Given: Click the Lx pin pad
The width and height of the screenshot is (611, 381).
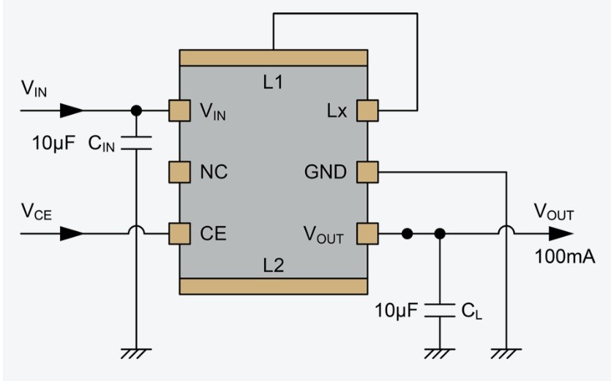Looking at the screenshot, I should pyautogui.click(x=367, y=110).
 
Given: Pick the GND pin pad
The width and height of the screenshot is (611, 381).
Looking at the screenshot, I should pyautogui.click(x=367, y=172).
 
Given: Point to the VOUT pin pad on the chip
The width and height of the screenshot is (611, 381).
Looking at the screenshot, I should pyautogui.click(x=367, y=234).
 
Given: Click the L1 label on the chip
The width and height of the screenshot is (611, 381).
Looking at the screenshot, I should pyautogui.click(x=273, y=83).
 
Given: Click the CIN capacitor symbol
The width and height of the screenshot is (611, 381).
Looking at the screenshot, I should pyautogui.click(x=135, y=142).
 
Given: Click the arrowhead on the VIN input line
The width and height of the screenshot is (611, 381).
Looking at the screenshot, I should pyautogui.click(x=70, y=110).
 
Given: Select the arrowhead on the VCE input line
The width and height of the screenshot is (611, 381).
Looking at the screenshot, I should pyautogui.click(x=70, y=234).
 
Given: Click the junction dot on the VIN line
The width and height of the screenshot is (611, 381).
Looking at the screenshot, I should pyautogui.click(x=135, y=110).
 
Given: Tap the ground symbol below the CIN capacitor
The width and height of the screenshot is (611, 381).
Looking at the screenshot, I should pyautogui.click(x=135, y=352).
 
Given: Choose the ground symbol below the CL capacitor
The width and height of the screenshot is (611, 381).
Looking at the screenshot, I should pyautogui.click(x=440, y=352).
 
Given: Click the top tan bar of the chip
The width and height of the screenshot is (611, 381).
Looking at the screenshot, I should pyautogui.click(x=273, y=58).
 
